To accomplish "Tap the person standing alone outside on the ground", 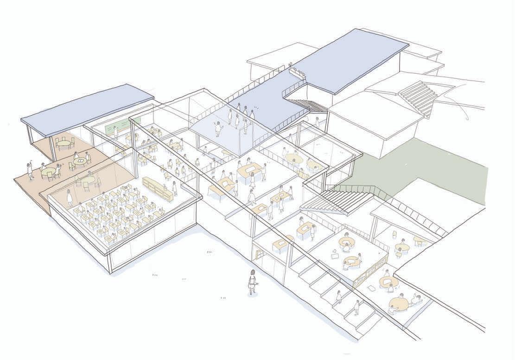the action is point(252,281).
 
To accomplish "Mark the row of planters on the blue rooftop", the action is point(296,71).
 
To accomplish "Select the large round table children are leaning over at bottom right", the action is point(399,303).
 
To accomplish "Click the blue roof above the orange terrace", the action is point(88,109).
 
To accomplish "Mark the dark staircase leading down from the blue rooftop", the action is point(301,103).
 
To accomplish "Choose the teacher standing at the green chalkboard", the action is point(115,131).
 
